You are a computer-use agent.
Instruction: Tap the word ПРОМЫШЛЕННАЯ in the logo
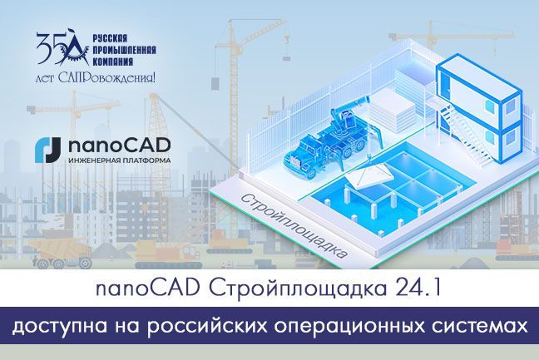coord(125,50)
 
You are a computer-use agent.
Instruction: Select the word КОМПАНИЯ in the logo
coord(112,62)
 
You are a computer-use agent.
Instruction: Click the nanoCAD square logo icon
coord(47,150)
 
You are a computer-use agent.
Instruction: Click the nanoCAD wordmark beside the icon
coord(119,145)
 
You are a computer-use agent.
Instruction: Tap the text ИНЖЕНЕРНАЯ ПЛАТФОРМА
coord(119,160)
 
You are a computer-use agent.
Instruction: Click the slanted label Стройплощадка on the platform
coord(293,226)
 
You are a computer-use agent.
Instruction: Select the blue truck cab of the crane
coord(303,155)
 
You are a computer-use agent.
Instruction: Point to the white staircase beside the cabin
coord(469,136)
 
